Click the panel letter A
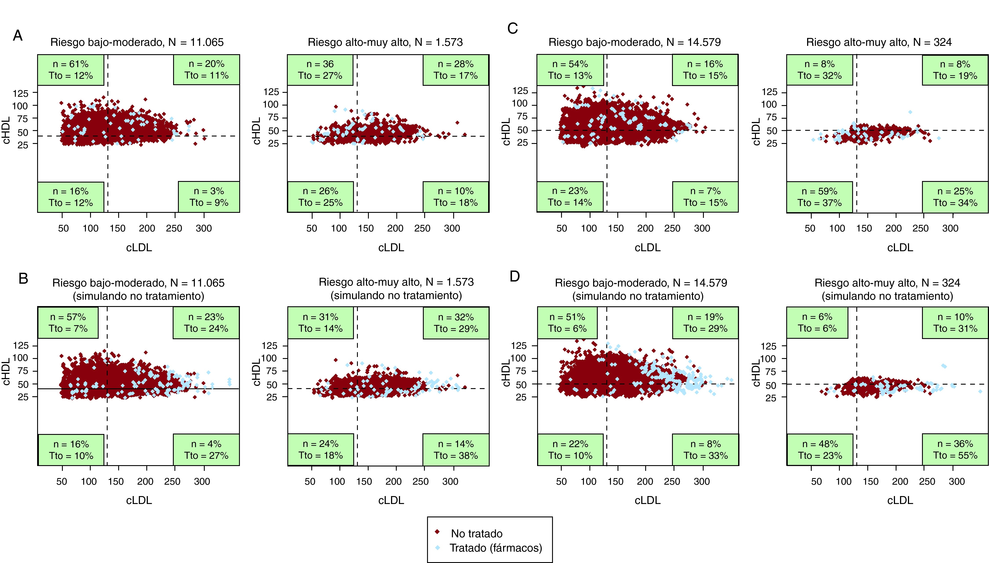click(x=18, y=36)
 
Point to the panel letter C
click(x=513, y=29)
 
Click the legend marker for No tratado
click(x=437, y=532)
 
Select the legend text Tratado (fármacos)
click(x=495, y=548)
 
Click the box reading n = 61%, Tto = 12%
click(x=71, y=70)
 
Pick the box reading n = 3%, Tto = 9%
click(x=209, y=197)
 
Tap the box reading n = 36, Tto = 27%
click(x=320, y=70)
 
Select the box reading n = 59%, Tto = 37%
click(x=819, y=197)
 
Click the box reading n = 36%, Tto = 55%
click(x=955, y=450)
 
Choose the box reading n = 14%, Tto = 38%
click(x=456, y=450)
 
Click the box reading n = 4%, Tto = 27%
click(x=206, y=450)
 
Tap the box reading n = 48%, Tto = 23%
click(x=820, y=450)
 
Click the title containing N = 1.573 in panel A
click(x=385, y=42)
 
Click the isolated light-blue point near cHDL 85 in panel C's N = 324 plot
click(x=910, y=112)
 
